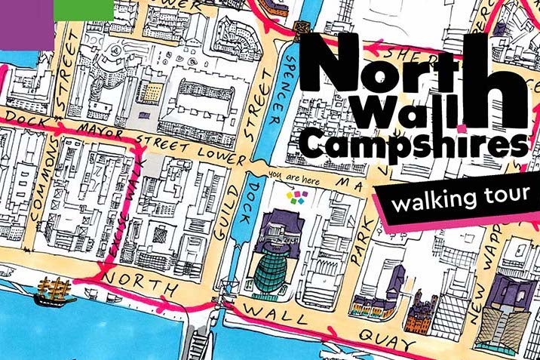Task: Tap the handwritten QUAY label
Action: click(377, 332)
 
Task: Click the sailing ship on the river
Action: click(57, 291)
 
